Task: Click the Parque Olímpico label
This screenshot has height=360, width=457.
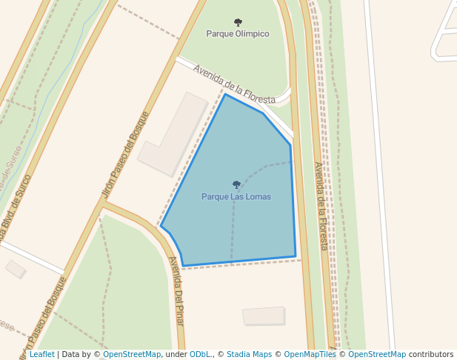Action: pyautogui.click(x=237, y=34)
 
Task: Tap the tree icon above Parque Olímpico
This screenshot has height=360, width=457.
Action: pyautogui.click(x=237, y=23)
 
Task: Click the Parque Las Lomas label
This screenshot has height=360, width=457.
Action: pyautogui.click(x=236, y=197)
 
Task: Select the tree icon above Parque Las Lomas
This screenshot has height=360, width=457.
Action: pyautogui.click(x=236, y=184)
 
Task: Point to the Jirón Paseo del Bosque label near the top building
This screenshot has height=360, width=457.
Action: pyautogui.click(x=125, y=156)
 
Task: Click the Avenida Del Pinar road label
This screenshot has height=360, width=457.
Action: pyautogui.click(x=176, y=290)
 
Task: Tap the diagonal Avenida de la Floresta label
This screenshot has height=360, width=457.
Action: pyautogui.click(x=234, y=84)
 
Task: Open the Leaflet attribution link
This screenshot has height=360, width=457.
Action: pyautogui.click(x=41, y=355)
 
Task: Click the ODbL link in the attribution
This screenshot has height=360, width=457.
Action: pyautogui.click(x=200, y=355)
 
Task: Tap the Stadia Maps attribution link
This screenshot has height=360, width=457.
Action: pyautogui.click(x=249, y=355)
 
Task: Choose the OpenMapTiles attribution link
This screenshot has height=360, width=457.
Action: pyautogui.click(x=310, y=355)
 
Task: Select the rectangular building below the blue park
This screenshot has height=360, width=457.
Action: pyautogui.click(x=264, y=316)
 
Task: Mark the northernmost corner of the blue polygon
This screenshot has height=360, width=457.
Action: pyautogui.click(x=225, y=94)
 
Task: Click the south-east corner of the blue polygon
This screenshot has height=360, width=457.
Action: pyautogui.click(x=296, y=256)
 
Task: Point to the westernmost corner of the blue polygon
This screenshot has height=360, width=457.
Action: pyautogui.click(x=161, y=227)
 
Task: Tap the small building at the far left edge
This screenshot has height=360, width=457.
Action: pyautogui.click(x=16, y=269)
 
